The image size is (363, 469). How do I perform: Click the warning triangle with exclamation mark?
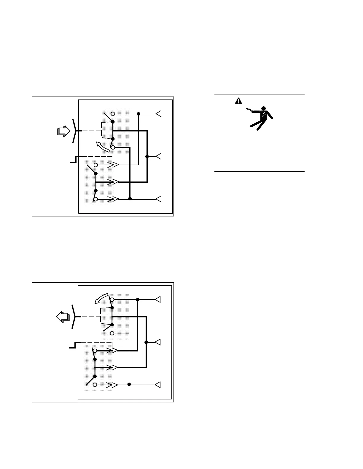pyautogui.click(x=238, y=101)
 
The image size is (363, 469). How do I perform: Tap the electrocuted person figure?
pyautogui.click(x=261, y=118)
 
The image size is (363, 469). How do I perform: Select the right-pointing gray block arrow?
pyautogui.click(x=63, y=131)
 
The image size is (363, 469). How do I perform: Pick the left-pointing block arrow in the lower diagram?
pyautogui.click(x=63, y=317)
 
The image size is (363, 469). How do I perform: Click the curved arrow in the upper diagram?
pyautogui.click(x=103, y=147)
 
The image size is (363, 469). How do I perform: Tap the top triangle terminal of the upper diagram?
pyautogui.click(x=159, y=114)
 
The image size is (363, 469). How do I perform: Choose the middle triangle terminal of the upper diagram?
pyautogui.click(x=159, y=156)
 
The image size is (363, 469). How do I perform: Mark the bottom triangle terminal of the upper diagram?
pyautogui.click(x=159, y=199)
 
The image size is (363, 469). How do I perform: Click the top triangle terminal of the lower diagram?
pyautogui.click(x=158, y=300)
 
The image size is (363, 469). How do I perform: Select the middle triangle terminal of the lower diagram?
pyautogui.click(x=158, y=342)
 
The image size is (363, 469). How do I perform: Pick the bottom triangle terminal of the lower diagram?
pyautogui.click(x=158, y=385)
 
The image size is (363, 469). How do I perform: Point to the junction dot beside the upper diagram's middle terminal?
pyautogui.click(x=147, y=156)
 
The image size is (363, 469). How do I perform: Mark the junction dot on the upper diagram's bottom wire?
pyautogui.click(x=130, y=199)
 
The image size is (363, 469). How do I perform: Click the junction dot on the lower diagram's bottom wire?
pyautogui.click(x=129, y=384)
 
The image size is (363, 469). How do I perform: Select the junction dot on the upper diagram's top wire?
pyautogui.click(x=138, y=114)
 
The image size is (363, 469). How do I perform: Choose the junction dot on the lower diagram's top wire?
pyautogui.click(x=138, y=300)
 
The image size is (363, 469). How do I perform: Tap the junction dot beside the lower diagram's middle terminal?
pyautogui.click(x=146, y=342)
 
